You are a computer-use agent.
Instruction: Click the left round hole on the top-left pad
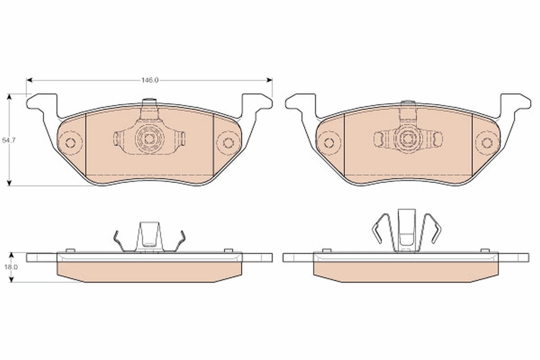tap(70, 143)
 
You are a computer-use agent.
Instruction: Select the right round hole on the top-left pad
tap(228, 143)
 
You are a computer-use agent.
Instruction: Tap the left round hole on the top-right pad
tap(328, 143)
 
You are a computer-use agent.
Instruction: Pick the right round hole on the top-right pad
tap(486, 143)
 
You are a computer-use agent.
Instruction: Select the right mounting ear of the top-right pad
tap(516, 102)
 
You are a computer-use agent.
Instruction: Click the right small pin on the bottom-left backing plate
tap(228, 250)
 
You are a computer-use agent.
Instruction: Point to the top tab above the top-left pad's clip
tap(148, 102)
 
